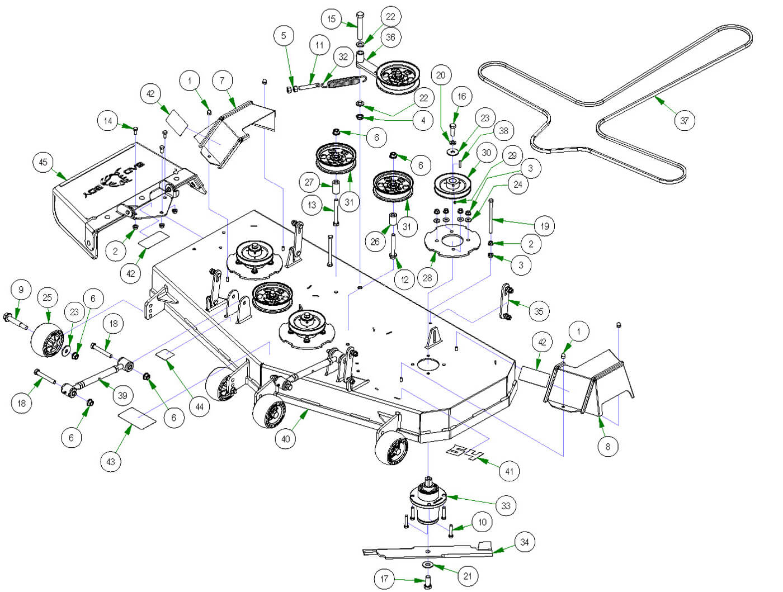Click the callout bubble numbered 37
(685, 120)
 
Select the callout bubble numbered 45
(43, 163)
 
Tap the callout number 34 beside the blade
(524, 542)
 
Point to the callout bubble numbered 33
(506, 506)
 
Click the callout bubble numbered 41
(509, 471)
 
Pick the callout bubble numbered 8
(608, 446)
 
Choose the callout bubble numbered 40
(286, 439)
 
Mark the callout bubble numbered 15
(331, 19)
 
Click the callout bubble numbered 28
(428, 278)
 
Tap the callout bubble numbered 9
(21, 289)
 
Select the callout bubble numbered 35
(539, 311)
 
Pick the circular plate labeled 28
(450, 241)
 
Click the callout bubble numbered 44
(200, 407)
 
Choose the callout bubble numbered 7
(223, 80)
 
